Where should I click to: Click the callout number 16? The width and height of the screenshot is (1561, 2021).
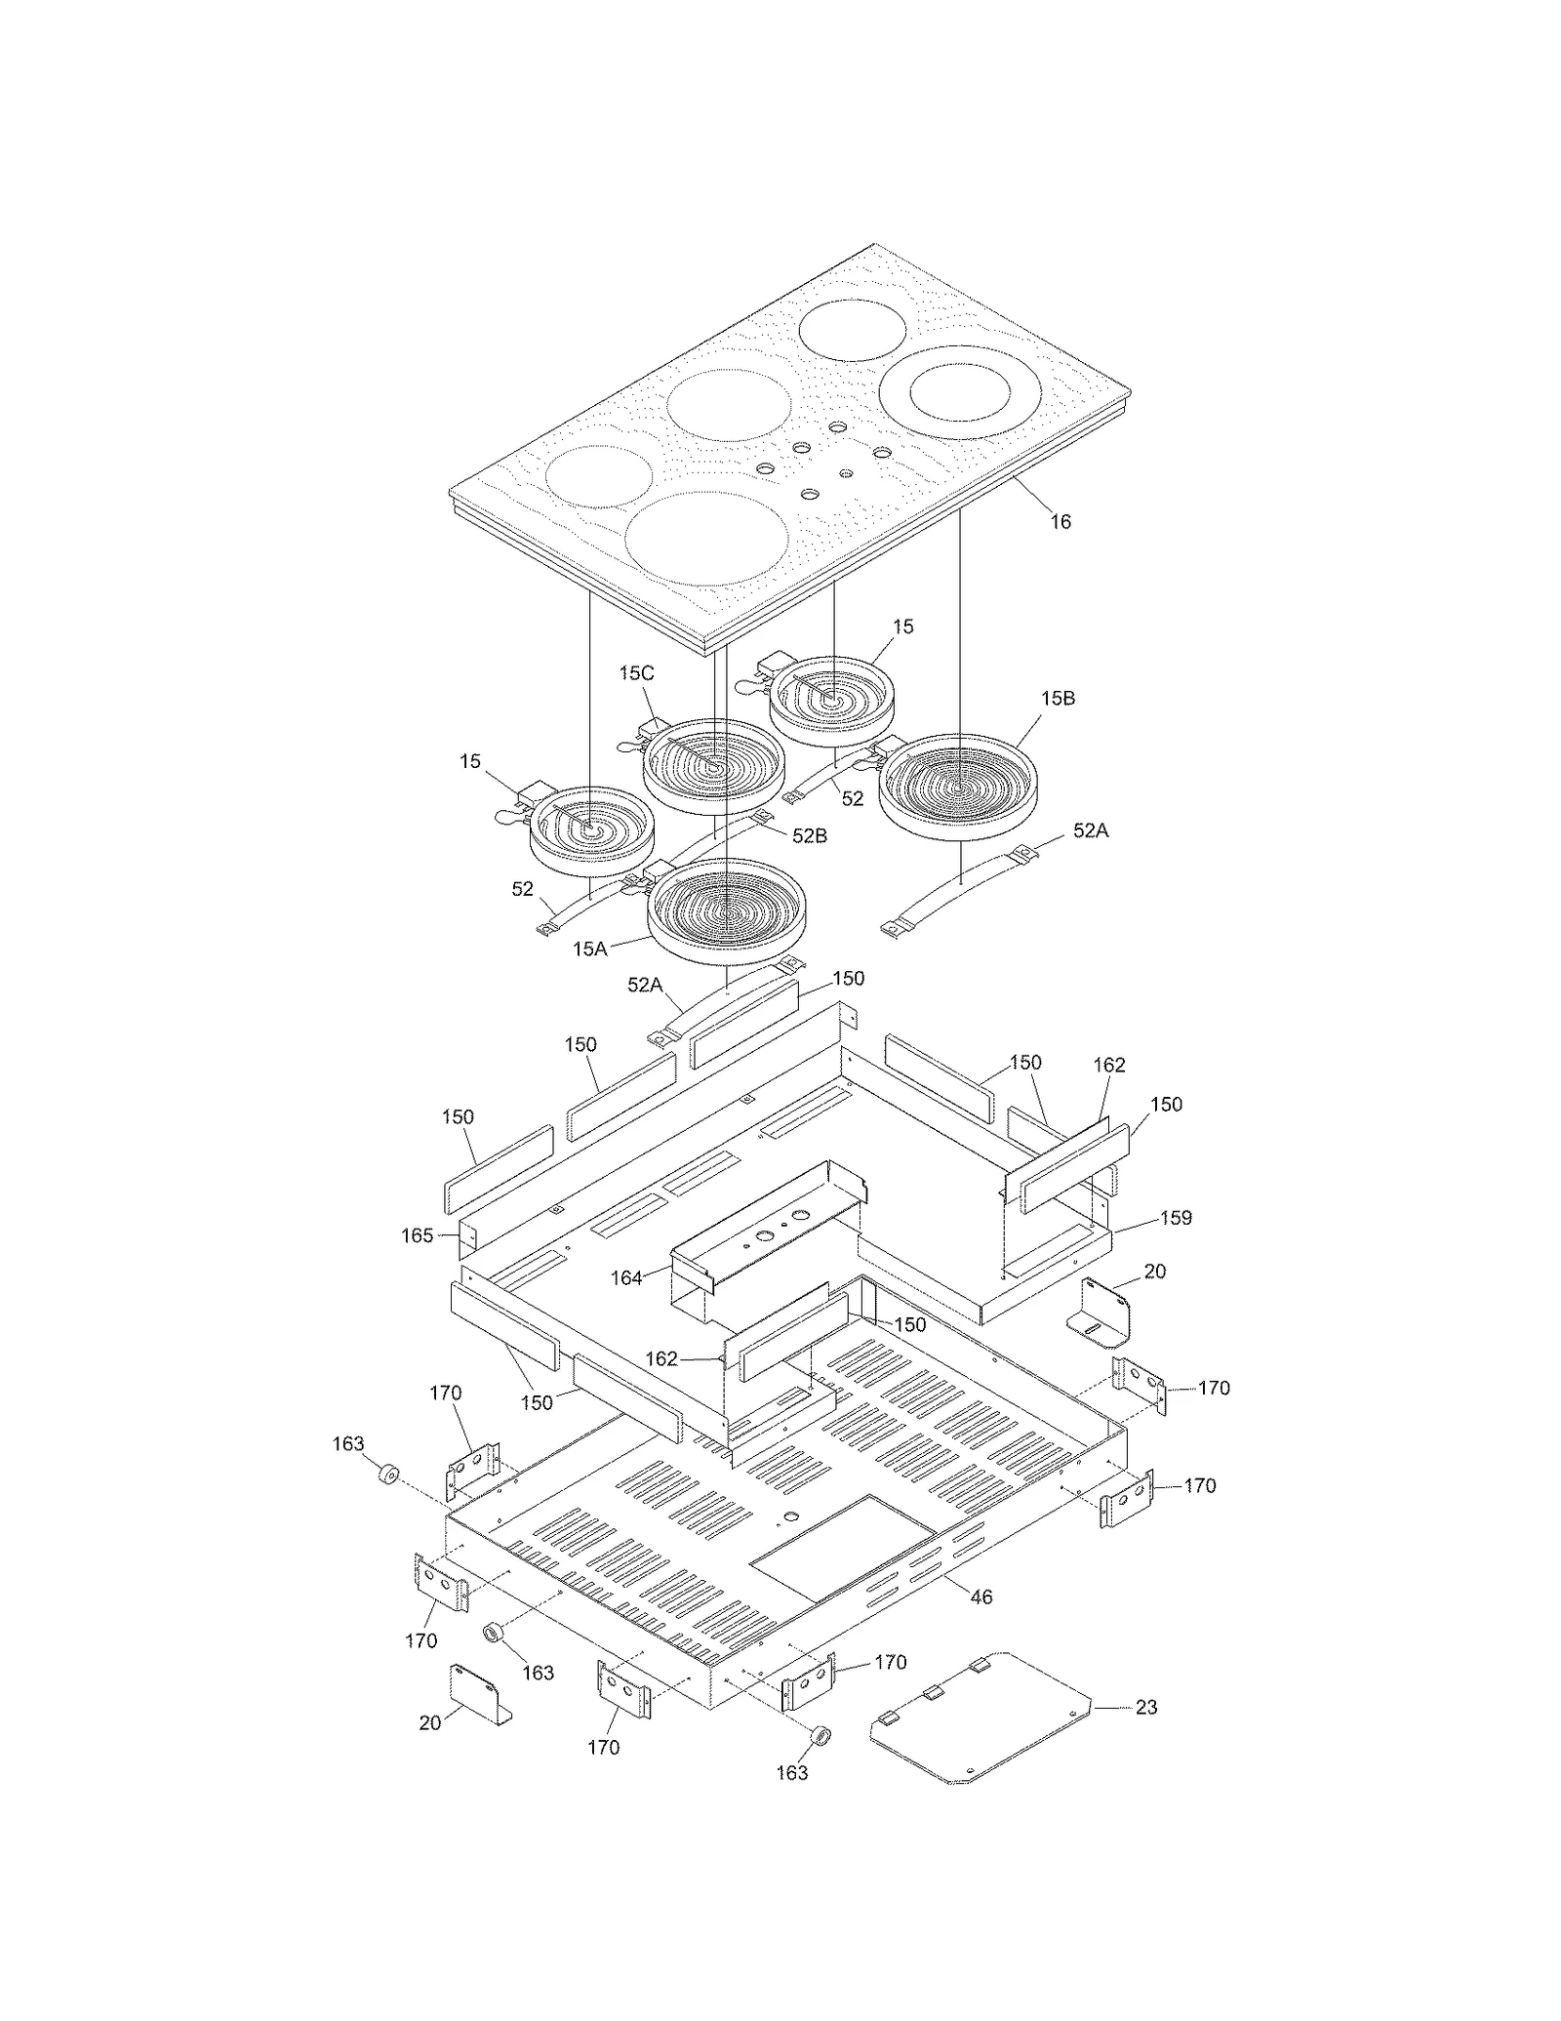click(1060, 522)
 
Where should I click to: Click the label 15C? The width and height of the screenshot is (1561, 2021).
click(636, 673)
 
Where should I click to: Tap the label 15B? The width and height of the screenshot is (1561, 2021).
click(1058, 699)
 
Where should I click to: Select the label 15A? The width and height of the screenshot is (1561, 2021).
click(590, 949)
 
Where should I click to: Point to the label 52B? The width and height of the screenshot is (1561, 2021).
click(809, 836)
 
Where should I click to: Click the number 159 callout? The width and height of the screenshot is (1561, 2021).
click(1176, 1218)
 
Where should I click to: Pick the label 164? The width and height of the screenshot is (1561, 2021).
click(626, 1277)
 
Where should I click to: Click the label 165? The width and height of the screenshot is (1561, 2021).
click(417, 1235)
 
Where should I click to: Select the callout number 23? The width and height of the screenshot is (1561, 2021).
click(1146, 1707)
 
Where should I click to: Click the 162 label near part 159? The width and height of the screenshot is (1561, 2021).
click(1109, 1065)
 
